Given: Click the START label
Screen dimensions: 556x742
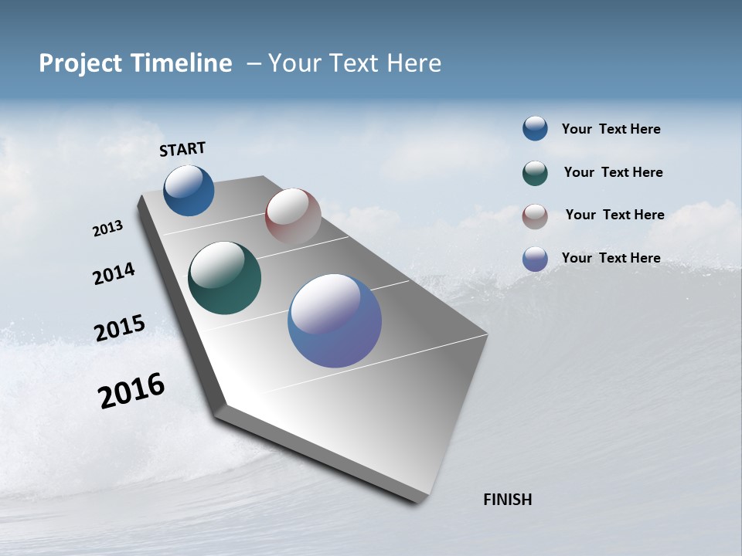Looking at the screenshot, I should tap(182, 148).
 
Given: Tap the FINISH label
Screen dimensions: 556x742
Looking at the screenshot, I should tap(507, 500).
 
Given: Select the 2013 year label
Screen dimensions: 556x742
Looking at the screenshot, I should tap(107, 229).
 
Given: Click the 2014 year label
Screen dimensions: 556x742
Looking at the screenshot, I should tap(114, 274).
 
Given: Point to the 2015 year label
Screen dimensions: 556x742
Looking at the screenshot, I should tap(119, 328).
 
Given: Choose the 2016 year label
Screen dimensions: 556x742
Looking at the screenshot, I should tap(131, 391).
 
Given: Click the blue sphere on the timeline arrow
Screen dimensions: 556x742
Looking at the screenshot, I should tap(189, 190).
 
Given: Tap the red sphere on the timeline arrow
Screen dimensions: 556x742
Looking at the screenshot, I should tap(293, 216).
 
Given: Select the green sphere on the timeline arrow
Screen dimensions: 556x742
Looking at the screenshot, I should tap(224, 278).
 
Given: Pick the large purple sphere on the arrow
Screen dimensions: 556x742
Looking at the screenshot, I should tap(335, 320).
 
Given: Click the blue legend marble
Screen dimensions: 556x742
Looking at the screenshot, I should tap(535, 128).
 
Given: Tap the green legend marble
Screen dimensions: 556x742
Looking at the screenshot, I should tap(535, 173).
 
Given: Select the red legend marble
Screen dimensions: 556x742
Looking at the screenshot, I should tap(535, 216).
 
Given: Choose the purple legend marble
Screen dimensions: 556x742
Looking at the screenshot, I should tap(535, 259).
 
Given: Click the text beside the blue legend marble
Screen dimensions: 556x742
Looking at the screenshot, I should tap(611, 129).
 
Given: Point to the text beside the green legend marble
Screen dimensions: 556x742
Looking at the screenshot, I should tap(613, 172).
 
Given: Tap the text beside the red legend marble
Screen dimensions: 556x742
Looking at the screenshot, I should tap(614, 215).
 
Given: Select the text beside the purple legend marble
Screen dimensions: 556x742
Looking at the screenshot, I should tap(611, 258).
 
